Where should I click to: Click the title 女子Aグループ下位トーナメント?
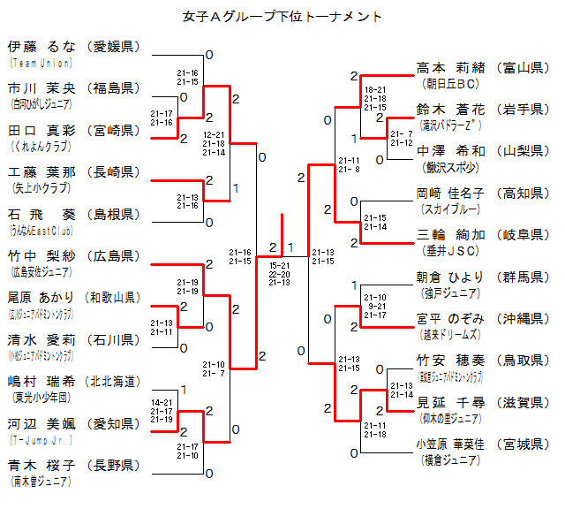(x=282, y=16)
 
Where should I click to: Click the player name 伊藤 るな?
(x=41, y=47)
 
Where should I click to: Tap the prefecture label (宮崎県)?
(x=114, y=130)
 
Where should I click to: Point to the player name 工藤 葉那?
(x=41, y=171)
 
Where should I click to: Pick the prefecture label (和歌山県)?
(x=114, y=297)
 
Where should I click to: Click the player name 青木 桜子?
(x=41, y=465)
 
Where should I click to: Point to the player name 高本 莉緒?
(x=450, y=67)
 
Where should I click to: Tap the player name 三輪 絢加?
(x=450, y=235)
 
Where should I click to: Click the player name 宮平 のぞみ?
(x=450, y=319)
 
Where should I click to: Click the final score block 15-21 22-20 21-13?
(x=280, y=273)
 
